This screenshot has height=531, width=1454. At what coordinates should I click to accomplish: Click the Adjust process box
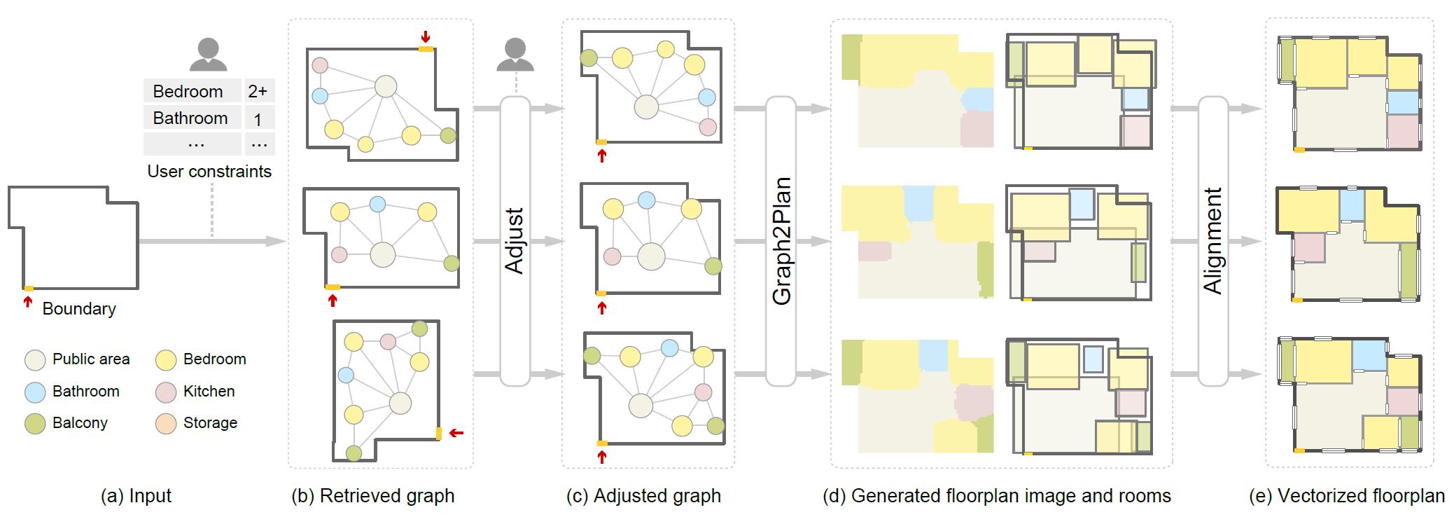point(515,241)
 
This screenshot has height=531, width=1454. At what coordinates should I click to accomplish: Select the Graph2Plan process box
point(781,241)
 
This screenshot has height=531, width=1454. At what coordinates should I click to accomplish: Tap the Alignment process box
point(1212,241)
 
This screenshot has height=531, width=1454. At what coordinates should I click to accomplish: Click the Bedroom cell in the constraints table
point(188,92)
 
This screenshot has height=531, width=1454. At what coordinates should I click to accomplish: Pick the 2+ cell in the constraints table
point(258,92)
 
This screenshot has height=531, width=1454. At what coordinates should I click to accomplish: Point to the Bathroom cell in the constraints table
point(190,118)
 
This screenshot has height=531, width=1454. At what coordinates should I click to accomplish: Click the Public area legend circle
point(35,360)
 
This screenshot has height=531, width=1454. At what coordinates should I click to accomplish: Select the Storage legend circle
point(166,424)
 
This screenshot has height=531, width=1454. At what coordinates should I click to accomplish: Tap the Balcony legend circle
point(35,424)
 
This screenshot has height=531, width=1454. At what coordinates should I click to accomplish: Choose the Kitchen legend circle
point(166,392)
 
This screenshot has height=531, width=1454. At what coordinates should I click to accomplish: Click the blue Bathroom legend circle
point(35,392)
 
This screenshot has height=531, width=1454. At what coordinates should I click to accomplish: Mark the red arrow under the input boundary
point(28,301)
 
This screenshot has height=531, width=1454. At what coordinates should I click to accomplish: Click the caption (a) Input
point(136,496)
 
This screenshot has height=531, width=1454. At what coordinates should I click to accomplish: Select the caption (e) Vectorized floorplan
point(1346,496)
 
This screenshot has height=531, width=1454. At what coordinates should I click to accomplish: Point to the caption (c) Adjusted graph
point(643,496)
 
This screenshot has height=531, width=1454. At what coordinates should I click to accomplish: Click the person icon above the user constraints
point(209,54)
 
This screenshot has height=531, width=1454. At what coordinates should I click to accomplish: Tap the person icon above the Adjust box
point(515,54)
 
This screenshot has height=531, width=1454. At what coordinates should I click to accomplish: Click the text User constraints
point(209,172)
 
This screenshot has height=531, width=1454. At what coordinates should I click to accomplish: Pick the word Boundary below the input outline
point(79,309)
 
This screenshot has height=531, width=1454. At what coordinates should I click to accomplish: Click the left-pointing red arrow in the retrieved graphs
point(456,434)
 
